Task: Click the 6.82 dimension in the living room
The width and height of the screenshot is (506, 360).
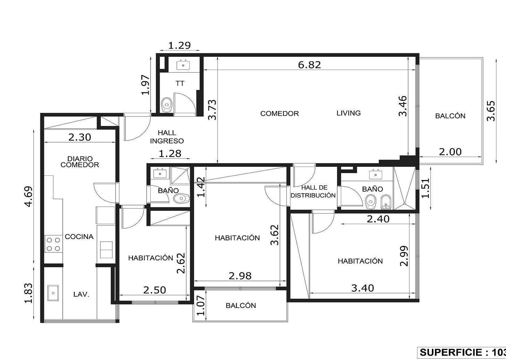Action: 309,65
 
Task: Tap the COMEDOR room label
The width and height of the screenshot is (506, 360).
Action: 279,113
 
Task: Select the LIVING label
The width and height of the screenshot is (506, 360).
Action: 348,113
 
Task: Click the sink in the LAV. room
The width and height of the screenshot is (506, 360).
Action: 53,293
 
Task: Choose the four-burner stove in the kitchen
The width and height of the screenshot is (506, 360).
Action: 54,244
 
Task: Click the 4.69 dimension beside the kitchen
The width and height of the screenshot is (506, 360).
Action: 29,196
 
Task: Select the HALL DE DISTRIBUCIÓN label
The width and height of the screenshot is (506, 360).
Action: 313,191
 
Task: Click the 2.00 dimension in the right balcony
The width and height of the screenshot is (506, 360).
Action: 450,152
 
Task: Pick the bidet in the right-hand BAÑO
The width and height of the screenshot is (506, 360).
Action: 385,202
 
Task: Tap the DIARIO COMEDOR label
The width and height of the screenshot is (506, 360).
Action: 80,162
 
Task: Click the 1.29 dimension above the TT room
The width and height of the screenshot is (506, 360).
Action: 180,46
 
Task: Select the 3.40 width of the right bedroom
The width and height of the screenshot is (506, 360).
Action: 363,288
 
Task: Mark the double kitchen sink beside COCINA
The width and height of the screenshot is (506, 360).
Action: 106,250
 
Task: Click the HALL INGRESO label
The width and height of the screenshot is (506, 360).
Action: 167,137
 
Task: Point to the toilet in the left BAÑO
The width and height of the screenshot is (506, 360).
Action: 181,198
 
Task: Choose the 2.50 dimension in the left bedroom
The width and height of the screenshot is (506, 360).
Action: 154,290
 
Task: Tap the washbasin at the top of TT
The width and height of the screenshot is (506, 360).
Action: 183,65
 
